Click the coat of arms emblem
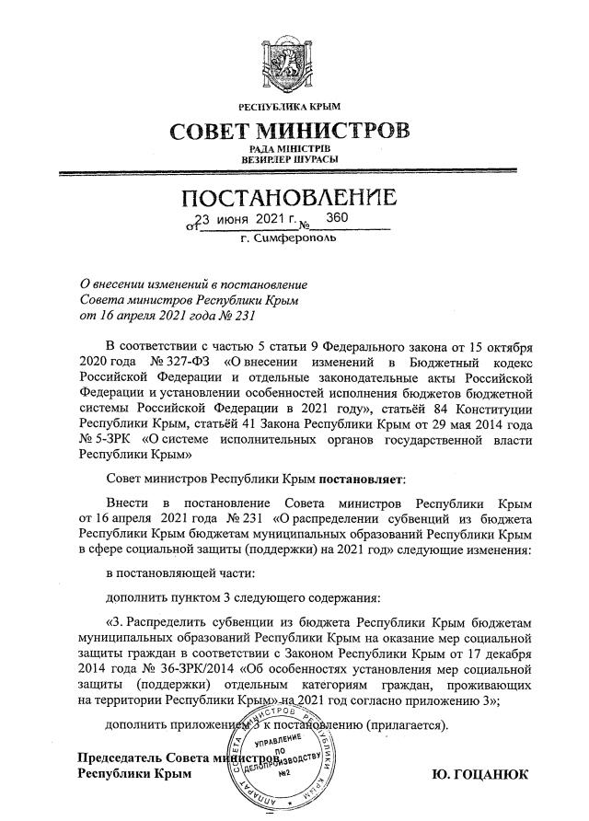pyautogui.click(x=291, y=65)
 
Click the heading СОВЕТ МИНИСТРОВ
pyautogui.click(x=290, y=130)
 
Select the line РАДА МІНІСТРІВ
pyautogui.click(x=290, y=148)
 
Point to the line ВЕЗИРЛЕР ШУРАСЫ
pyautogui.click(x=290, y=159)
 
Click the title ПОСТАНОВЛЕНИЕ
pyautogui.click(x=290, y=198)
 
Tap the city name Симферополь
pyautogui.click(x=295, y=238)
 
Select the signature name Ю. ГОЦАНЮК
pyautogui.click(x=480, y=776)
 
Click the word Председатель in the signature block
pyautogui.click(x=120, y=757)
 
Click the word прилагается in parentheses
pyautogui.click(x=409, y=725)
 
